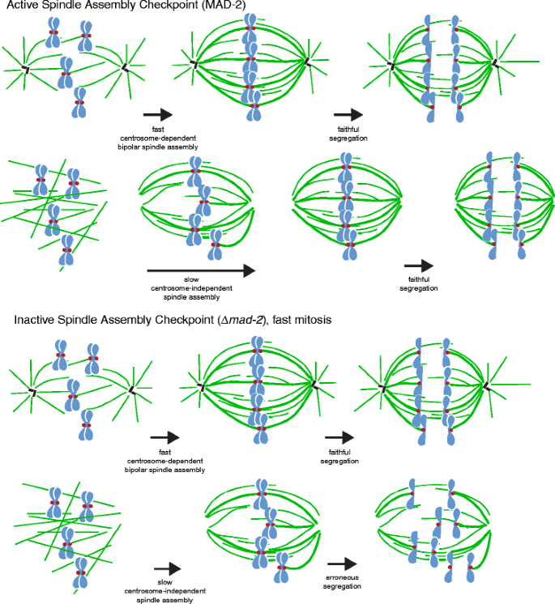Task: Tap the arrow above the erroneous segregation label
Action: coord(342,564)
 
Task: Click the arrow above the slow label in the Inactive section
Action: coord(168,569)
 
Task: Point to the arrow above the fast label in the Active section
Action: coord(157,116)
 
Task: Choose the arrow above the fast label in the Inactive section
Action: coord(164,438)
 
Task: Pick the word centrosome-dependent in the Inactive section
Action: coord(165,461)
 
